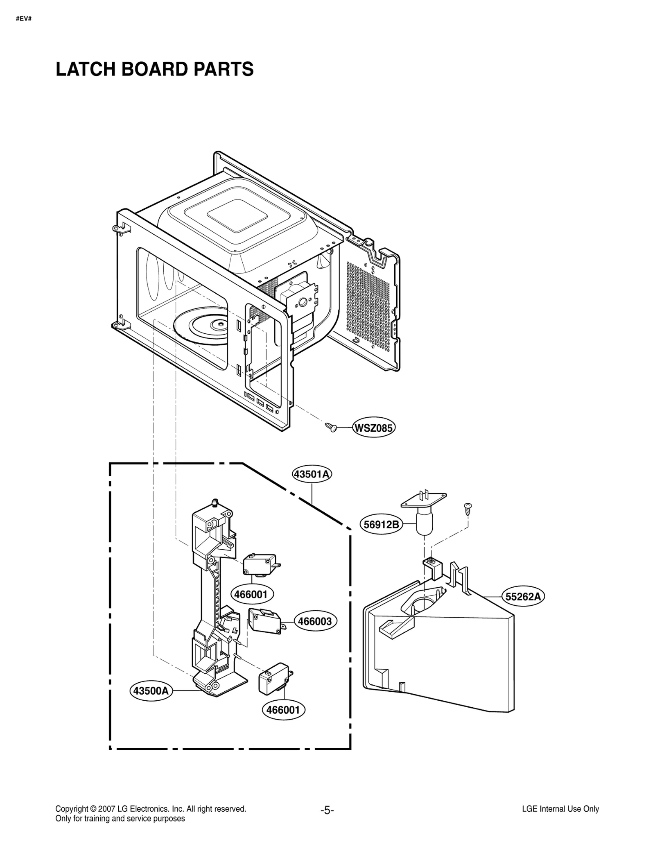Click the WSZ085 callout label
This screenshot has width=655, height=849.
(373, 428)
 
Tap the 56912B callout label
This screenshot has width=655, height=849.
(381, 525)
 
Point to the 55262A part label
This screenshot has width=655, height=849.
(523, 597)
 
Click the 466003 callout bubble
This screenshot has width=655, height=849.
(314, 621)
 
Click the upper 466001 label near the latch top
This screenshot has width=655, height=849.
(251, 594)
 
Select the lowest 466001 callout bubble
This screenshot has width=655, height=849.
(283, 710)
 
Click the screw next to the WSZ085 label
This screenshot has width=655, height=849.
(331, 428)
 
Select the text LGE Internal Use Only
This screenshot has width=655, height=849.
(560, 809)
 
